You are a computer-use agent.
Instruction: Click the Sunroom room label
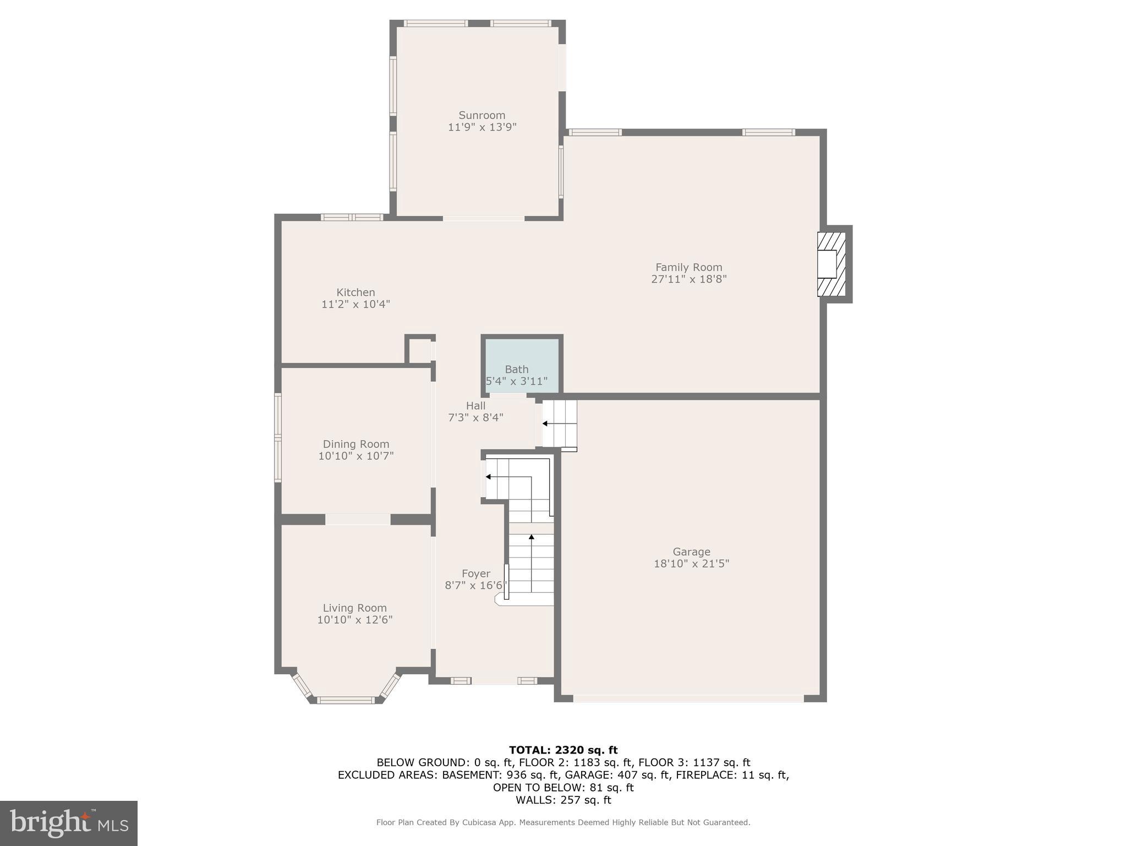pos(482,115)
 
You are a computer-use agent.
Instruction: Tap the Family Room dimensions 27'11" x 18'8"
pos(688,279)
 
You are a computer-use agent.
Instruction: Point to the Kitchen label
pos(355,292)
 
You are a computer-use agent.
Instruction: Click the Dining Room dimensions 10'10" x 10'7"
pos(355,456)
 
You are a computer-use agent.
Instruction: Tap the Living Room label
pos(354,608)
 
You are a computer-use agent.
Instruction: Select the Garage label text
pos(691,552)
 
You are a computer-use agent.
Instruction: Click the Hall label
pos(475,406)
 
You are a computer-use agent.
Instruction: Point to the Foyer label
pos(475,573)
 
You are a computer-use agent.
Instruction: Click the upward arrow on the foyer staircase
pos(531,537)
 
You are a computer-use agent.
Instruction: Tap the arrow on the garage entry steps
pos(545,424)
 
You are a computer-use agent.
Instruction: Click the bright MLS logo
pos(68,823)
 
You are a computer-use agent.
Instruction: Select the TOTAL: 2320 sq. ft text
pos(563,750)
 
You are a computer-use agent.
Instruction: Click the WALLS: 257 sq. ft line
pos(563,800)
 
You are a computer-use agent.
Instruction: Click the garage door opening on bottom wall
pos(688,698)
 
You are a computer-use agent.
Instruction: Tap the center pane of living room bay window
pos(346,700)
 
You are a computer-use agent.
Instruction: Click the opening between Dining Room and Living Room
pos(358,519)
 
